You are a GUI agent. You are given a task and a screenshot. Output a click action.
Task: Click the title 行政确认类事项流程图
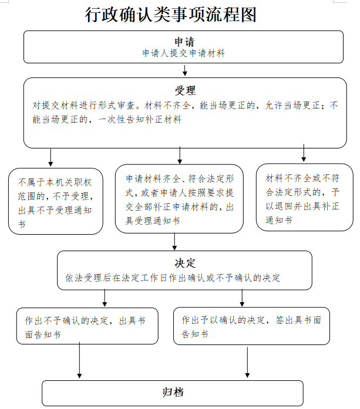click(171, 15)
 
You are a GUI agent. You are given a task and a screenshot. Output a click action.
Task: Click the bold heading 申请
click(184, 42)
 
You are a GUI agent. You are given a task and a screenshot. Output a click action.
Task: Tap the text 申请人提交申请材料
click(184, 53)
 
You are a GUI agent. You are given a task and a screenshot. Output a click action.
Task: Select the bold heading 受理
click(185, 90)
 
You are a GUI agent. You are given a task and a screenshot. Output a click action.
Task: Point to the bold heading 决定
click(185, 263)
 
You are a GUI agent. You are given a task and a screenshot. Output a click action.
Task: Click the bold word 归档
click(173, 393)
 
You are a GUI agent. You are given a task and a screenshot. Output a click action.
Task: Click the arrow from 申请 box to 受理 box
click(185, 70)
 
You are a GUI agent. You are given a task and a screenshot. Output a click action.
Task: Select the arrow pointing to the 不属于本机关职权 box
click(51, 157)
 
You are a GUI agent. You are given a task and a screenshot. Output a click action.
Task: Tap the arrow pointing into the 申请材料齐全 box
click(180, 155)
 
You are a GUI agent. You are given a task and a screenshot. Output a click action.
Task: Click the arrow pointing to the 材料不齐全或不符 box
click(304, 153)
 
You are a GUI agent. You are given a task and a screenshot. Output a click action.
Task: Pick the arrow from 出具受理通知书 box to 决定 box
click(174, 242)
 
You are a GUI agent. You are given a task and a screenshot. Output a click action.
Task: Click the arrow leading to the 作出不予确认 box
click(105, 298)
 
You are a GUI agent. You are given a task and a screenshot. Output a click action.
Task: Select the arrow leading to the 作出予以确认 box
click(242, 298)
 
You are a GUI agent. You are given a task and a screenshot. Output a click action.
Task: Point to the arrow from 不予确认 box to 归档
click(79, 360)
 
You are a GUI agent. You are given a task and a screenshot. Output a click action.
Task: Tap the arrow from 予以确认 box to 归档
click(247, 362)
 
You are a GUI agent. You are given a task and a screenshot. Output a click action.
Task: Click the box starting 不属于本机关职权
click(56, 201)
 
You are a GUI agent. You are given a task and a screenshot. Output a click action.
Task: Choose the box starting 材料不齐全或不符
click(305, 197)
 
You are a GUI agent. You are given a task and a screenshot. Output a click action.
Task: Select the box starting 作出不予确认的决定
click(87, 326)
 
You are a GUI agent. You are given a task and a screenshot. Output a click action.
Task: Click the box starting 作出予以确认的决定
click(251, 326)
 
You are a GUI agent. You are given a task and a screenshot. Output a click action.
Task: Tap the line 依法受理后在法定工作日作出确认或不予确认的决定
click(173, 278)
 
